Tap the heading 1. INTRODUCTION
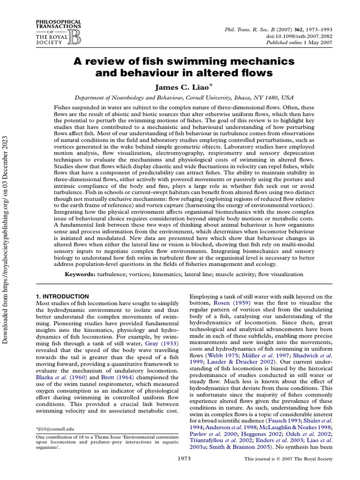[62, 296]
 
